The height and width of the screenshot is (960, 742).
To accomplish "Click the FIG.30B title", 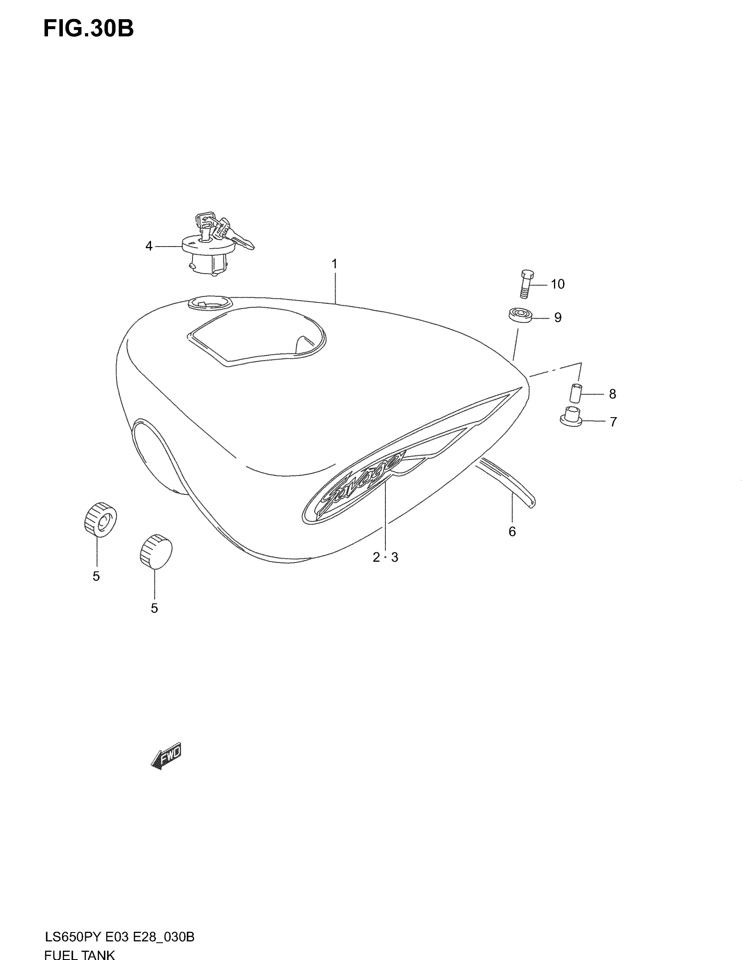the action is pos(88,29).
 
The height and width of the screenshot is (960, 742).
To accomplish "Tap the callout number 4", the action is pos(149,246).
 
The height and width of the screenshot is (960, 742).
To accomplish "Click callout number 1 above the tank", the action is pos(334,264).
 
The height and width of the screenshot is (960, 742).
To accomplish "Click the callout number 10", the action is pos(557,285).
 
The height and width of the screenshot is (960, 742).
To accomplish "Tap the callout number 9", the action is pos(557,317).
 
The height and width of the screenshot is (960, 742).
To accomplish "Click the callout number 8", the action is pos(612,394).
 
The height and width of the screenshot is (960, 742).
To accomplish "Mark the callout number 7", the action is pos(613,422).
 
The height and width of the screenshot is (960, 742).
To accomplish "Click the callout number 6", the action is pos(512,532).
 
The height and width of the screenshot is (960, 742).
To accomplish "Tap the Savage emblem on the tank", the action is pos(352,488).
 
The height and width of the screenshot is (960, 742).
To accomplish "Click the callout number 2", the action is pos(376,557).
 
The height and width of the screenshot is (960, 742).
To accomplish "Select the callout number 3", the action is pos(395,557).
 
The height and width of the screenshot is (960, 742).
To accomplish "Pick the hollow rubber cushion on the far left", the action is pos(100,519).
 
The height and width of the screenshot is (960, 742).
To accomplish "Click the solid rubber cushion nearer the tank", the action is pos(156,551).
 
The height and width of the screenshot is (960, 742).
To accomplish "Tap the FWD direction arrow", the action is pos(166,756).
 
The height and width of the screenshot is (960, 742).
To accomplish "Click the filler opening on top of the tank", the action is pos(209,303).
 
